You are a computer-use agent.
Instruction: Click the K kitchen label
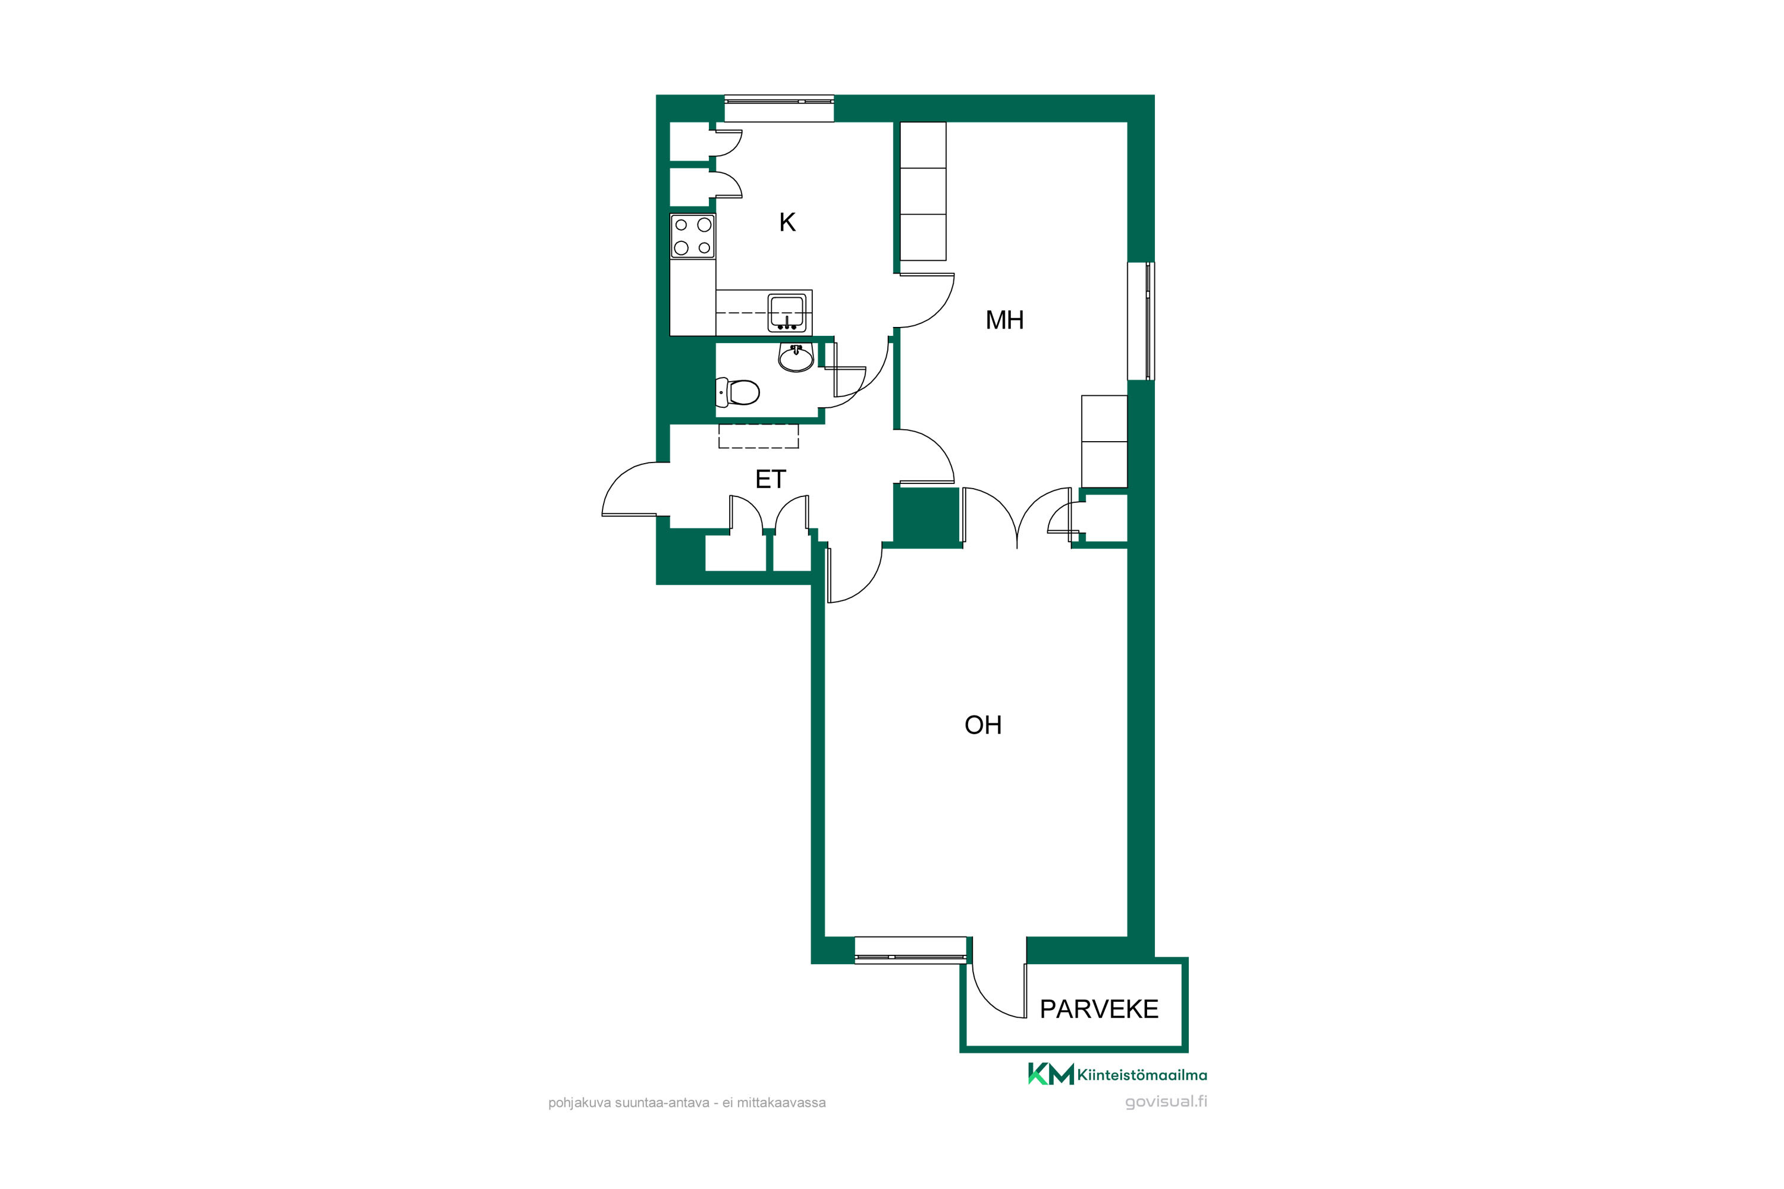point(787,222)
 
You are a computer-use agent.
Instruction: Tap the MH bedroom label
point(1004,320)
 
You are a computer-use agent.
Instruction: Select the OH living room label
point(983,725)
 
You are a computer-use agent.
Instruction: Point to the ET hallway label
point(771,479)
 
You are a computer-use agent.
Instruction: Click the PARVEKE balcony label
point(1099,1009)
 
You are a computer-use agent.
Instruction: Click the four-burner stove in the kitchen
point(693,237)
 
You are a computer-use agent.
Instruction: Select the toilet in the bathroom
point(737,392)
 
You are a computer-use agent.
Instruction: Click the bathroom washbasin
point(796,357)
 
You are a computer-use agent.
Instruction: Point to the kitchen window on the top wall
point(779,108)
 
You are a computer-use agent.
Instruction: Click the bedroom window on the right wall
point(1141,321)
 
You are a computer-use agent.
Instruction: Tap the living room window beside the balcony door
point(911,950)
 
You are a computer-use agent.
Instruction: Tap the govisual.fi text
point(1166,1102)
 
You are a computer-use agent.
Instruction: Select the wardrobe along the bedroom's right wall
point(1104,441)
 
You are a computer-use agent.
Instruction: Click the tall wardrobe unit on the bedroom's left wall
point(923,191)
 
